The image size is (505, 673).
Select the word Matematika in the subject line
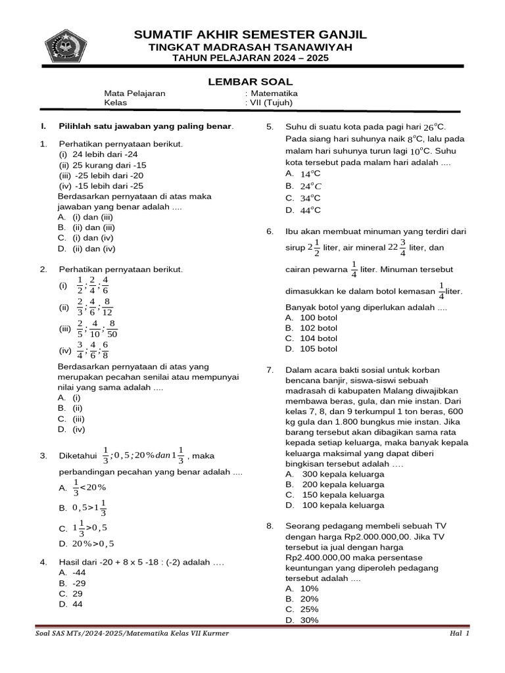(274, 93)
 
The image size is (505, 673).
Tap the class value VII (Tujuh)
(271, 103)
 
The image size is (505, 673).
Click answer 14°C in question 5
(310, 174)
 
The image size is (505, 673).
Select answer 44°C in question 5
(310, 210)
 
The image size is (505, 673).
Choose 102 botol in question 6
(318, 328)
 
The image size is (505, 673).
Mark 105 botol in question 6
(318, 349)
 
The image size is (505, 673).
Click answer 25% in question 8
(309, 609)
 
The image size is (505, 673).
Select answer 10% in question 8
(309, 588)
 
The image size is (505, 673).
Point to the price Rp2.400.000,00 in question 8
(317, 557)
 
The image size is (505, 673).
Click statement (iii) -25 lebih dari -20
(101, 175)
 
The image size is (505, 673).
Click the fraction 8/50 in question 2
(112, 329)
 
